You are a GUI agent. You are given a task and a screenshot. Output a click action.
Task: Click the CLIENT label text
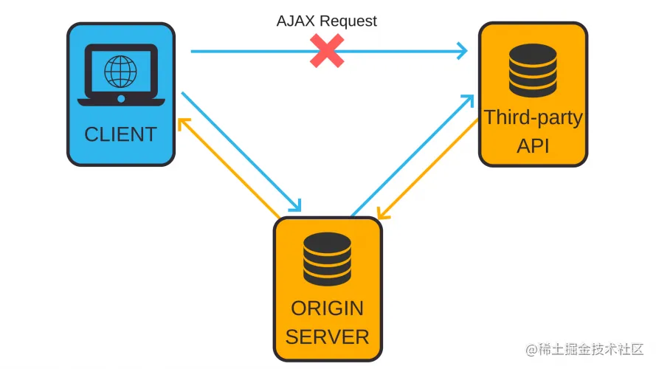click(x=120, y=134)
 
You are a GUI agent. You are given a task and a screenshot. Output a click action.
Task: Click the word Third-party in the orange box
click(x=533, y=117)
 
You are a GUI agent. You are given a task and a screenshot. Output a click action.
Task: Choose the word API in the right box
click(x=533, y=145)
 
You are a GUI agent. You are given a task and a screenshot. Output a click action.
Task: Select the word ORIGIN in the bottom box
click(x=327, y=308)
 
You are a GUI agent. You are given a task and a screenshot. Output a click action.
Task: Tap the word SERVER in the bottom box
click(x=327, y=337)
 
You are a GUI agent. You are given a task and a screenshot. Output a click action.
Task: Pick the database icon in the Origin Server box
click(x=328, y=261)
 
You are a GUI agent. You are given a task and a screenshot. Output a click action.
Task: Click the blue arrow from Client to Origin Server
click(x=240, y=151)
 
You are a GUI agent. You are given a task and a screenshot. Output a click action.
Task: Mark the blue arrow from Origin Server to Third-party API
click(x=413, y=155)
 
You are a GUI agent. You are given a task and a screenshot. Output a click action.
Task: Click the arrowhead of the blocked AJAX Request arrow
click(x=463, y=51)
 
